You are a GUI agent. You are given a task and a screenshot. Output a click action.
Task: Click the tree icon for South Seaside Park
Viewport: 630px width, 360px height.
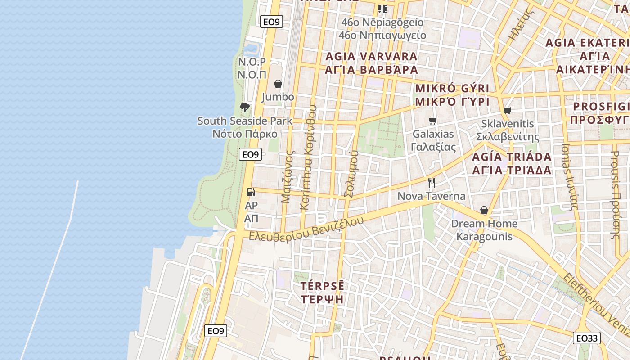(245, 107)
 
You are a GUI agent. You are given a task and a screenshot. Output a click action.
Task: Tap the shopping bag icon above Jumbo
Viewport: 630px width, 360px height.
(278, 84)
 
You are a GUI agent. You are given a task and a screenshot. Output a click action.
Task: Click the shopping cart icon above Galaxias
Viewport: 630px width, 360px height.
(433, 121)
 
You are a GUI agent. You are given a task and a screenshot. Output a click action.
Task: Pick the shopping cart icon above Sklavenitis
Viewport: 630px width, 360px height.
(508, 110)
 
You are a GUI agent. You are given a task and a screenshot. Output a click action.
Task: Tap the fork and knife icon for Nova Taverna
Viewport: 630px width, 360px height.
(432, 182)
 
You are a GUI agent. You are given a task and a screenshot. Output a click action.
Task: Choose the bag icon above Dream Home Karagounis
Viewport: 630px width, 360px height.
(484, 210)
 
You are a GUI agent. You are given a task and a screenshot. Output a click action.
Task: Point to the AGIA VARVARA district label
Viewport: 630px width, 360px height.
(371, 57)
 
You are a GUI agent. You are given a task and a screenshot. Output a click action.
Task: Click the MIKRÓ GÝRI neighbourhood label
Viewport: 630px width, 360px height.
(452, 88)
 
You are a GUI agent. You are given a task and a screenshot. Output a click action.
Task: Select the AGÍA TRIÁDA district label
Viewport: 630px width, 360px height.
(512, 157)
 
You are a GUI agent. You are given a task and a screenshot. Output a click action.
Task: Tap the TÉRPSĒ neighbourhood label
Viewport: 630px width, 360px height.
(322, 286)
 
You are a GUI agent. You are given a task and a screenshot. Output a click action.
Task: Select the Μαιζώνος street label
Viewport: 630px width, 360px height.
(287, 176)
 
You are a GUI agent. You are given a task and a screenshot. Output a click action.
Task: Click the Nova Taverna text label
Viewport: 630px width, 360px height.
(431, 197)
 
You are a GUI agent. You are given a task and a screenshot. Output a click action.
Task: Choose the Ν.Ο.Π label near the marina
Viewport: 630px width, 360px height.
(252, 75)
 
